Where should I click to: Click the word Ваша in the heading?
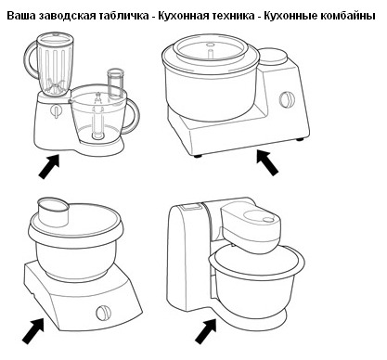(x=22, y=16)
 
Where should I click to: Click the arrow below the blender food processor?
(x=49, y=166)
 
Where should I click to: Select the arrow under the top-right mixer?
(x=267, y=162)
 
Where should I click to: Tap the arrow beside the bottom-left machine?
(x=32, y=331)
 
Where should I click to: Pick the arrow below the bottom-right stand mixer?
(x=206, y=331)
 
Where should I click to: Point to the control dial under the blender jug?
(x=56, y=111)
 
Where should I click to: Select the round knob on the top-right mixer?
(x=287, y=100)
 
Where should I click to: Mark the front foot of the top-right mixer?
(x=197, y=156)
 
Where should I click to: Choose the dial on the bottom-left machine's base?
(x=103, y=314)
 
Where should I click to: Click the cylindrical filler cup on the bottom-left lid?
(x=53, y=212)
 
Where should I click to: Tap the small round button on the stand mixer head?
(x=267, y=219)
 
